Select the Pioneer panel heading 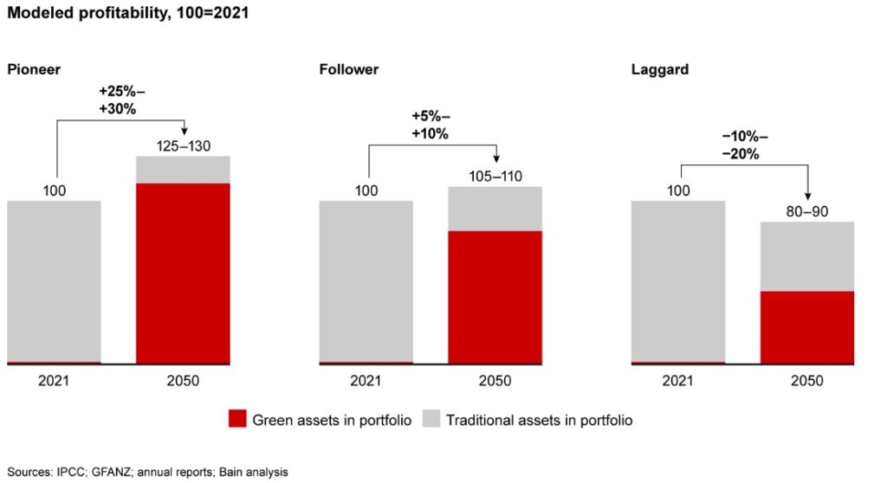tap(33, 69)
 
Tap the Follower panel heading tap(349, 69)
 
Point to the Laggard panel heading tap(659, 69)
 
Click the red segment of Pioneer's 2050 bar tap(183, 273)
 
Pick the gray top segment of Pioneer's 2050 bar tap(183, 170)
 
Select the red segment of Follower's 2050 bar tap(495, 297)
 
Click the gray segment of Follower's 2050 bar tap(495, 209)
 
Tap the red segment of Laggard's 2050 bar tap(807, 327)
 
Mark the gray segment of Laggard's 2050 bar tap(807, 256)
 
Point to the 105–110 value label tap(495, 176)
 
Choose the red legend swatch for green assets tap(237, 420)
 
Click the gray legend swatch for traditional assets tap(431, 420)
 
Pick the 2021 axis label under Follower tap(366, 381)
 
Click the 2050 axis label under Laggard tap(807, 381)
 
